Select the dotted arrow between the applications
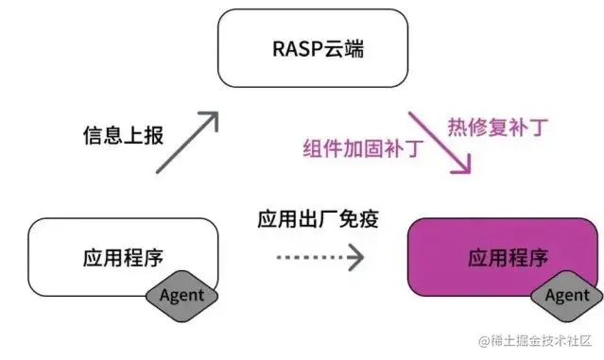point(319,255)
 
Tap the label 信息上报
point(122,135)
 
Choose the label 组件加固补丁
point(362,149)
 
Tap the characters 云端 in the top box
point(337,48)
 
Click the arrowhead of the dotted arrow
point(354,255)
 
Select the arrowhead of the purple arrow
point(462,166)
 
